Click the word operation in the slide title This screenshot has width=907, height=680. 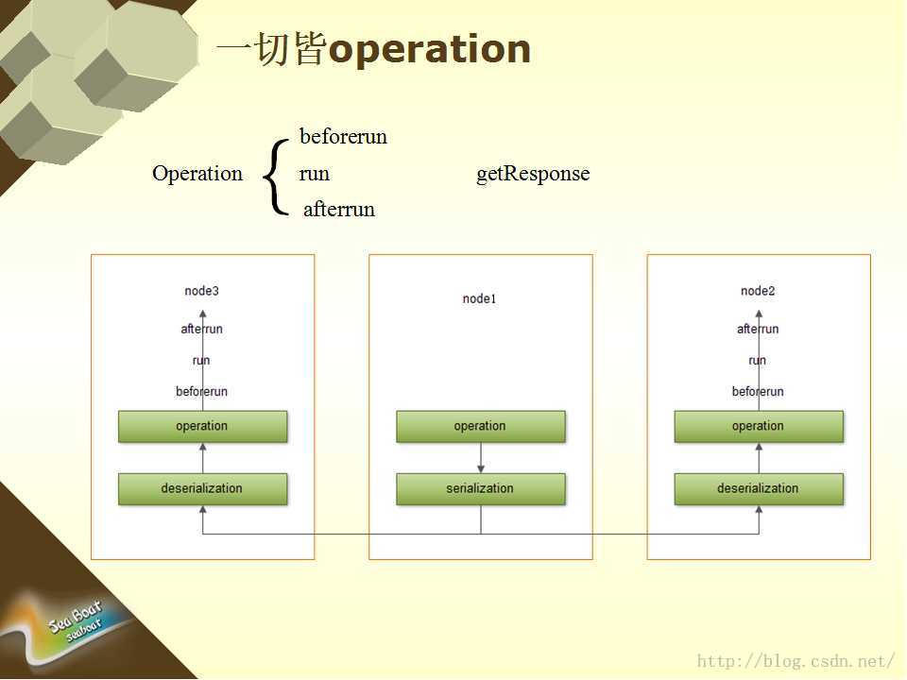click(429, 50)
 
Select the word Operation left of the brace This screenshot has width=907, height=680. click(197, 174)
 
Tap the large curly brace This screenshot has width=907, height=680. click(276, 177)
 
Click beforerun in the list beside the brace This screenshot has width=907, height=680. click(344, 136)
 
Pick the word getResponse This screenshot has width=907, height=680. click(533, 174)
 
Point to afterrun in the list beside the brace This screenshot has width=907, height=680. click(339, 209)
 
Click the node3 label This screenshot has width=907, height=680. click(202, 291)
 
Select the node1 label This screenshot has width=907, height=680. click(480, 299)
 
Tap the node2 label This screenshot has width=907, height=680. click(758, 291)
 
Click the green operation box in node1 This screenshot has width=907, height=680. click(481, 427)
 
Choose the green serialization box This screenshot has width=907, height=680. click(481, 489)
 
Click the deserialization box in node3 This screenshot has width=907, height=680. click(202, 489)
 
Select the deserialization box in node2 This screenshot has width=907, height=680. click(759, 489)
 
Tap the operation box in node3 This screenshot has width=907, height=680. click(202, 427)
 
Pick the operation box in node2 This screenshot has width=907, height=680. click(759, 427)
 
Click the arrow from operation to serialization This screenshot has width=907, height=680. click(481, 458)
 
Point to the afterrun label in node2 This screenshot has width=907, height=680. click(758, 329)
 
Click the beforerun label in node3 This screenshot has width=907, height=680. click(202, 391)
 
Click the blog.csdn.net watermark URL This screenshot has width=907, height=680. click(796, 661)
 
